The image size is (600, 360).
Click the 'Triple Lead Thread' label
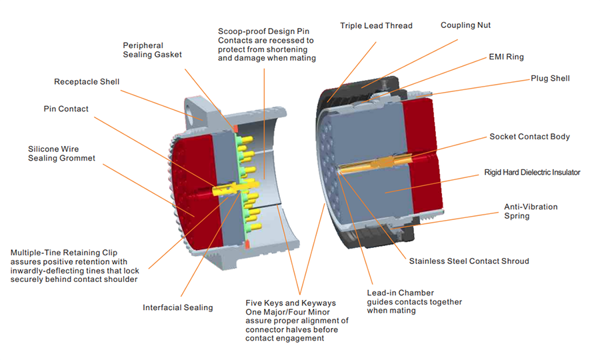(x=376, y=26)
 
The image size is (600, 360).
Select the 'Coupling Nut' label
(x=465, y=25)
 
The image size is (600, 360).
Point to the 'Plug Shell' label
(x=550, y=79)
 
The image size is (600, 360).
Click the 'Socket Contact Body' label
(x=529, y=137)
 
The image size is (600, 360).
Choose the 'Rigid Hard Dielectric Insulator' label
(x=532, y=172)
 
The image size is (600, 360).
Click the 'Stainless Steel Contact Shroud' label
(x=469, y=261)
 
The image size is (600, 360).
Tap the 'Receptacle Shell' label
(x=87, y=82)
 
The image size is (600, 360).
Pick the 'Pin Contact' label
(x=66, y=109)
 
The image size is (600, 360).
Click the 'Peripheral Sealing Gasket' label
(x=152, y=50)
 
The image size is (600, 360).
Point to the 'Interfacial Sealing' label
(x=177, y=307)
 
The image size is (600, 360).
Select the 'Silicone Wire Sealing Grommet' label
(x=61, y=153)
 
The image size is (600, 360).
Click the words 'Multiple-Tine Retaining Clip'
(x=64, y=253)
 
